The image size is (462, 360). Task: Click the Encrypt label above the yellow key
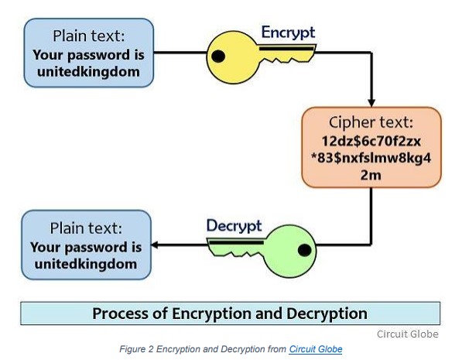[288, 33]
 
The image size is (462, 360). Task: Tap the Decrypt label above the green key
[234, 226]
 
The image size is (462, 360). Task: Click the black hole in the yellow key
[218, 56]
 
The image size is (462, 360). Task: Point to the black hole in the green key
[304, 250]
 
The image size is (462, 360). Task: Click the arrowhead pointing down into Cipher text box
[371, 103]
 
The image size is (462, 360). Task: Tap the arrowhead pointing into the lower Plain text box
[155, 245]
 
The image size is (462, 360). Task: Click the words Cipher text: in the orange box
[371, 122]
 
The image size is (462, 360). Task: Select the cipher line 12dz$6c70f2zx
[371, 141]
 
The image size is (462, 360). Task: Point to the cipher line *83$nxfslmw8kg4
[371, 158]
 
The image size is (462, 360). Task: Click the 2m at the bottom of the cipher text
[371, 175]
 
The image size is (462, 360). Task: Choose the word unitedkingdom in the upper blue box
[88, 72]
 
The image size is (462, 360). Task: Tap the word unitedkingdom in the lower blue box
[86, 264]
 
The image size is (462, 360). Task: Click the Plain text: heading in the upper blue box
[89, 36]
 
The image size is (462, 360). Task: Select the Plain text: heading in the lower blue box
[86, 228]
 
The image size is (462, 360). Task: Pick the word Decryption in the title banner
[327, 314]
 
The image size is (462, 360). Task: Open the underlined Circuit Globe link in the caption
[316, 349]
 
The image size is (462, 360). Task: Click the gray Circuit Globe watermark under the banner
[408, 334]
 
